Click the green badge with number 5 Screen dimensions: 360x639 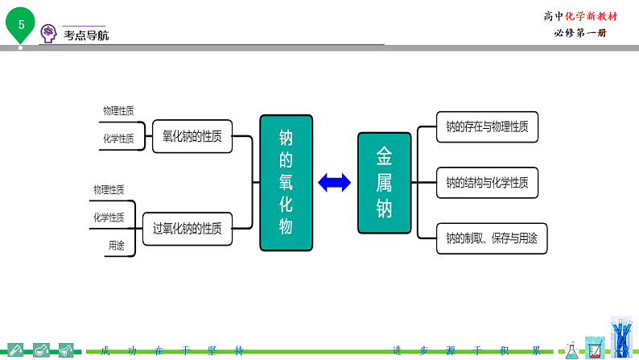(21, 24)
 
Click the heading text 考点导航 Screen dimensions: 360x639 (86, 35)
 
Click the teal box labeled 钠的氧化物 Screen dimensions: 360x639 (286, 182)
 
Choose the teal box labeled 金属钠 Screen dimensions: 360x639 (384, 183)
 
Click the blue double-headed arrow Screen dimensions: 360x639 (335, 183)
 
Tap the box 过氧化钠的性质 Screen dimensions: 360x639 (188, 228)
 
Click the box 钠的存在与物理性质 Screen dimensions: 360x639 (487, 126)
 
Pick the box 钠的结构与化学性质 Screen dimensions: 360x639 (487, 183)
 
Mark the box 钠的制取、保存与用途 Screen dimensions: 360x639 (491, 238)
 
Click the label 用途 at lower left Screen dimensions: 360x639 (116, 246)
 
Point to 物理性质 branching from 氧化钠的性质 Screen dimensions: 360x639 (118, 110)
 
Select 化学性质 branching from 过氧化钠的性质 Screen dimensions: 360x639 (109, 217)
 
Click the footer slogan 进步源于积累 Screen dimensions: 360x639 (466, 351)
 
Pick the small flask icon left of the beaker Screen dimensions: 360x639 (571, 348)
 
